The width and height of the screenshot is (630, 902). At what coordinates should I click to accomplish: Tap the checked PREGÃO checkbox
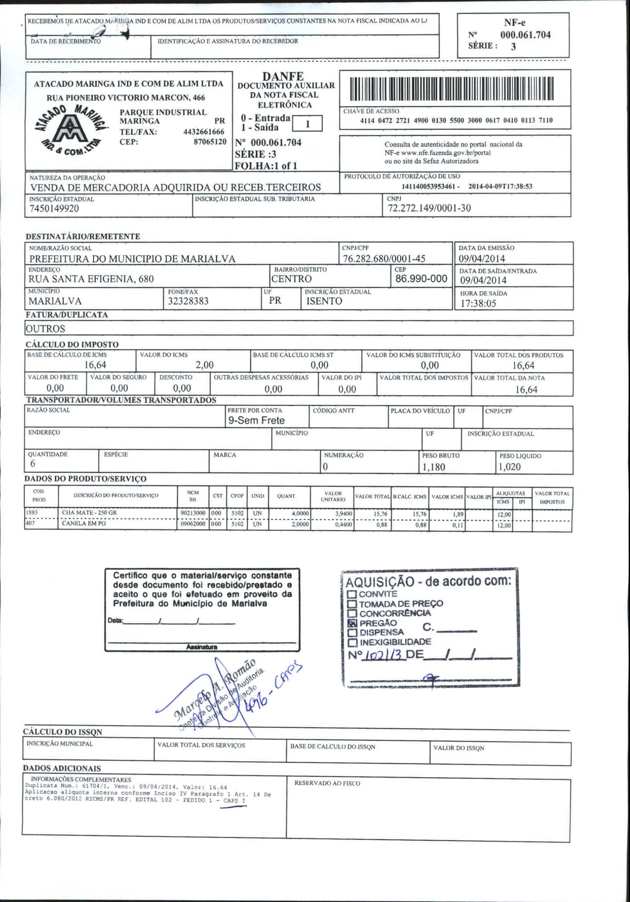click(x=353, y=623)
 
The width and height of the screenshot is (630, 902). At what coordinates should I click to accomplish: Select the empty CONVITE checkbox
click(x=352, y=594)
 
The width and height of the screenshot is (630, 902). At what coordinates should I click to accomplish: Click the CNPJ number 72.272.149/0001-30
click(x=429, y=208)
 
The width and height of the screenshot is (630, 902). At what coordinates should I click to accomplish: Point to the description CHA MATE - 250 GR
click(x=89, y=513)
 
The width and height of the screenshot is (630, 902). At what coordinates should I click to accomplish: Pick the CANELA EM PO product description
click(x=84, y=524)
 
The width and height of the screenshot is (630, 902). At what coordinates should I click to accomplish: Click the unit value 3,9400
click(x=343, y=514)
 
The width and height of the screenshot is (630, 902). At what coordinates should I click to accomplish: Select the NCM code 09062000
click(x=193, y=524)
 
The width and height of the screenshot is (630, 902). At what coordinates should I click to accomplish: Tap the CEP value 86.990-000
click(x=421, y=278)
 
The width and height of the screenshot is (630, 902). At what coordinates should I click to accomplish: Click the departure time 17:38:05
click(x=478, y=303)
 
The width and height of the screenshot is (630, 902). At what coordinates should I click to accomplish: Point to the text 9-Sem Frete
click(x=256, y=420)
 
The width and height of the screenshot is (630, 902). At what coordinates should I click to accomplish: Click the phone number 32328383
click(x=188, y=301)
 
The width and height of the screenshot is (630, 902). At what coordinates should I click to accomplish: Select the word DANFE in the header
click(x=283, y=76)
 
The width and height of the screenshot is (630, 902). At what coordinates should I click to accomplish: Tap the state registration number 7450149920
click(x=54, y=209)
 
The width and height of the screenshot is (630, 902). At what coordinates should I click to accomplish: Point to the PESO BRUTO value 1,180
click(x=433, y=467)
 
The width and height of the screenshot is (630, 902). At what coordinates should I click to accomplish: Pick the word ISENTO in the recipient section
click(x=324, y=301)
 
